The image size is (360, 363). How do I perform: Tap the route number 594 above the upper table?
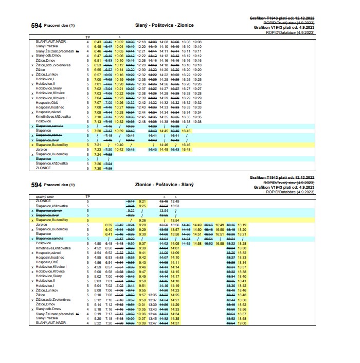[x=37, y=26]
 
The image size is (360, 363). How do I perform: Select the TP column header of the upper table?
[x=87, y=38]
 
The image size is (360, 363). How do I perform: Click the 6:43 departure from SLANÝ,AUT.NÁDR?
[x=98, y=42]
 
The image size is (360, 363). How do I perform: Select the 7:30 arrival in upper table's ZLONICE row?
[x=98, y=168]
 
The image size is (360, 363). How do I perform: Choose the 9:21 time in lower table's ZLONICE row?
[x=142, y=201]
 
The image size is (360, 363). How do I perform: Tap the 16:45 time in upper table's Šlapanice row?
[x=186, y=131]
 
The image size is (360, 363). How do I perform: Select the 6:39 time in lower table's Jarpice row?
[x=109, y=225]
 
